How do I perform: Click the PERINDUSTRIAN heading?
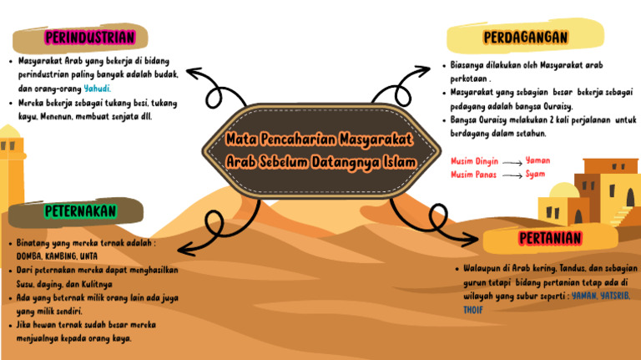89,37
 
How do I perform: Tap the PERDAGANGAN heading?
525,38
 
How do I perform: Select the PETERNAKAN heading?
80,211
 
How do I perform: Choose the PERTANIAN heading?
550,239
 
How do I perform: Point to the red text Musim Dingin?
474,160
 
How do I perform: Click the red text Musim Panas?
473,175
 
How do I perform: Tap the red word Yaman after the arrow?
538,160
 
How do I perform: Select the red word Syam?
535,174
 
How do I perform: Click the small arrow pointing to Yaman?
512,161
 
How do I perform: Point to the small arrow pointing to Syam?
512,175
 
